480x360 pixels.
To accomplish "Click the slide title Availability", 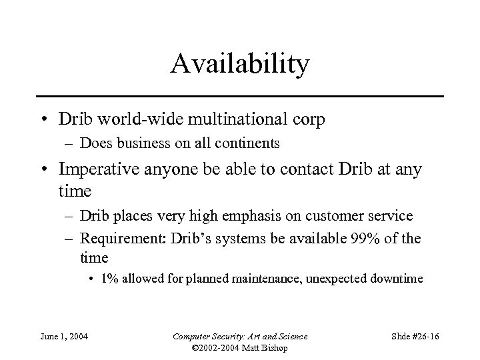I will click(x=240, y=65).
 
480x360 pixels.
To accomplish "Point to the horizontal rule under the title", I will click(x=240, y=97).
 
